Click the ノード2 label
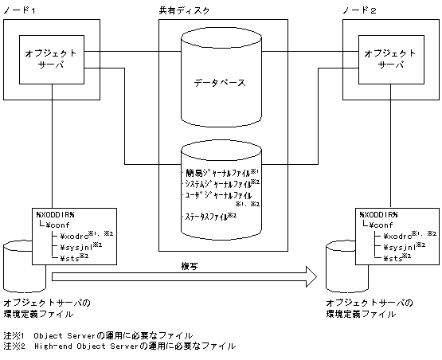(x=357, y=9)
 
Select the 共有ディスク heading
(x=220, y=9)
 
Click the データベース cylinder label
(x=220, y=82)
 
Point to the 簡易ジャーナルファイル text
(x=214, y=171)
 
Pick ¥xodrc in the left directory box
(x=76, y=235)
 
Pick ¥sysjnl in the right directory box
(x=400, y=246)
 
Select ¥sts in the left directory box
(x=72, y=257)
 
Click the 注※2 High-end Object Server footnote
(x=119, y=346)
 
